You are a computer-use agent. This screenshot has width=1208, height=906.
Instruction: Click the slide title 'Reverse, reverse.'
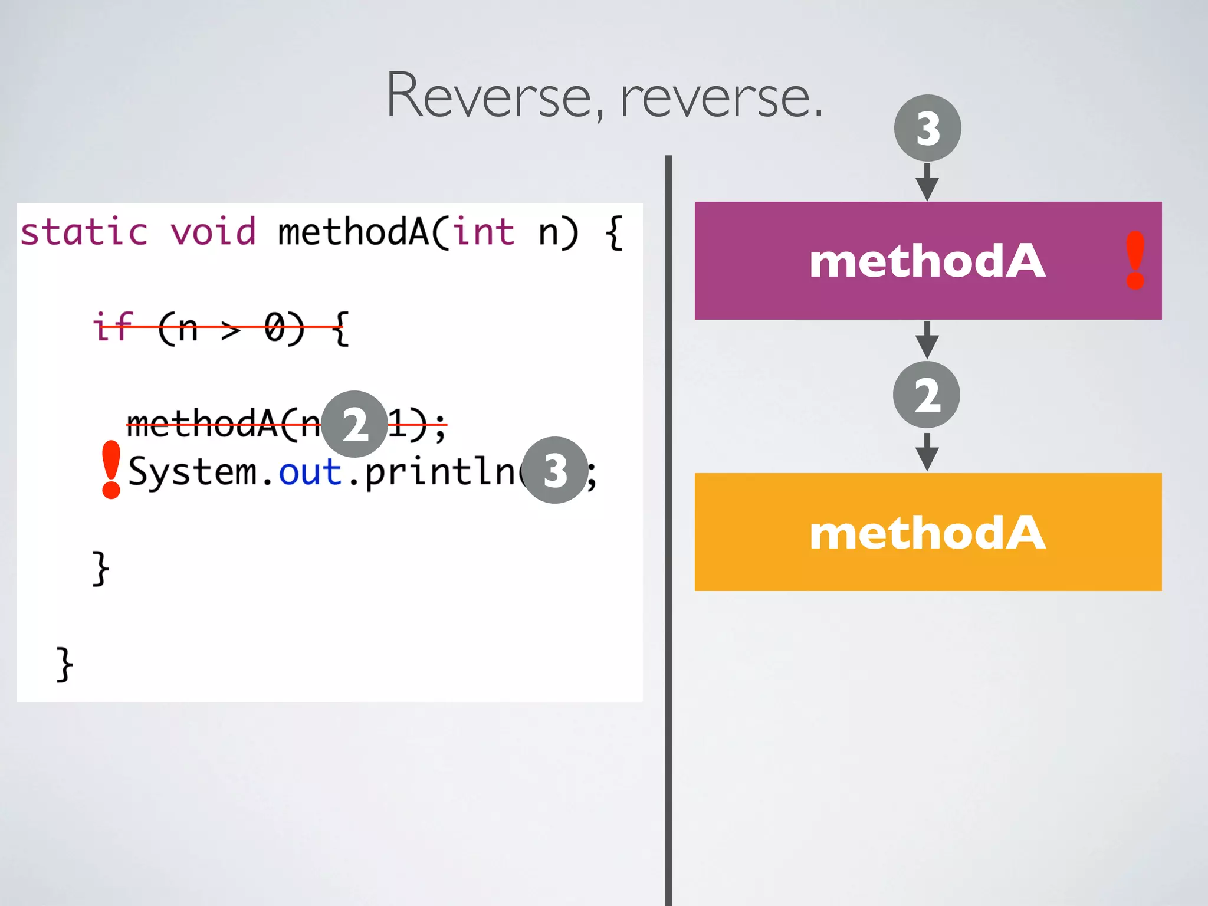pos(604,96)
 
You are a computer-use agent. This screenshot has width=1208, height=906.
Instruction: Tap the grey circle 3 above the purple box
pos(927,128)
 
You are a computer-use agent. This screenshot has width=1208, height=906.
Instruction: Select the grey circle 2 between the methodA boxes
pos(926,395)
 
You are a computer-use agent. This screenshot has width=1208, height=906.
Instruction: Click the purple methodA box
pos(927,261)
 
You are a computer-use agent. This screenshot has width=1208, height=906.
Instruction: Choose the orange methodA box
pos(927,532)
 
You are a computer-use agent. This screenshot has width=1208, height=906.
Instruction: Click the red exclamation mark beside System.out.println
pos(111,470)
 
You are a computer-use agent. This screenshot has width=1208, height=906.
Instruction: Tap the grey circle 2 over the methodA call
pos(354,424)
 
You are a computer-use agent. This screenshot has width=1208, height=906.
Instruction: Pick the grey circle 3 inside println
pos(555,470)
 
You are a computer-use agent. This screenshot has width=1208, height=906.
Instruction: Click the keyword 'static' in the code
pos(84,231)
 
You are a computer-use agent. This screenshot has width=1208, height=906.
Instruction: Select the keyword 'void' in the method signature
pos(214,231)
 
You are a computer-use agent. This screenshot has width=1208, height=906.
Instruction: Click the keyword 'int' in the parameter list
pos(484,231)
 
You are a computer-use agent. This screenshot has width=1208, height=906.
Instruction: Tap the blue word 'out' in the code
pos(310,472)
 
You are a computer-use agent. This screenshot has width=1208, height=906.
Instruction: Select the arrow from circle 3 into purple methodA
pos(927,182)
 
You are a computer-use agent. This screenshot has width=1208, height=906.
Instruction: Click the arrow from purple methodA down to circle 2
pos(927,340)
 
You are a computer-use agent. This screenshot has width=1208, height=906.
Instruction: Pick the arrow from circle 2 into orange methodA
pos(927,452)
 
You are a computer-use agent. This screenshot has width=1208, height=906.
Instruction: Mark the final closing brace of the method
pos(64,664)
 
